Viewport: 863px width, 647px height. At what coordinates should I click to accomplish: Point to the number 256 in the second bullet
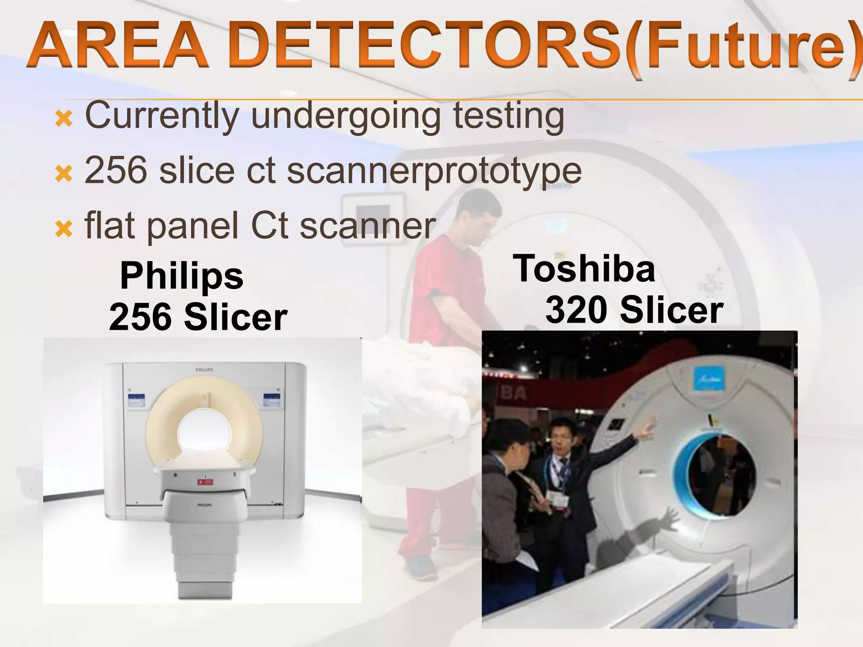(117, 171)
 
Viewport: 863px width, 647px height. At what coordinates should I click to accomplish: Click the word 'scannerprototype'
(434, 172)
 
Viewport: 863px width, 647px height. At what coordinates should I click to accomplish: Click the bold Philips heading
(182, 275)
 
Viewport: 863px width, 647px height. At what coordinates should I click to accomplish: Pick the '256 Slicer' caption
(198, 317)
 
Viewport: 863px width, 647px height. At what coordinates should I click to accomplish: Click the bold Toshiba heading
(584, 268)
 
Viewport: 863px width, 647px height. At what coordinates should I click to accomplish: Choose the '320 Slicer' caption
(634, 310)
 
